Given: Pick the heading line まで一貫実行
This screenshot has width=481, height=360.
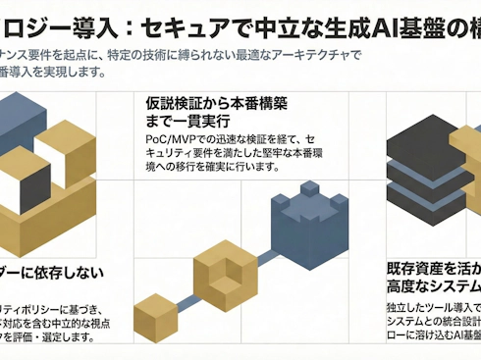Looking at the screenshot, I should tap(177, 122).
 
